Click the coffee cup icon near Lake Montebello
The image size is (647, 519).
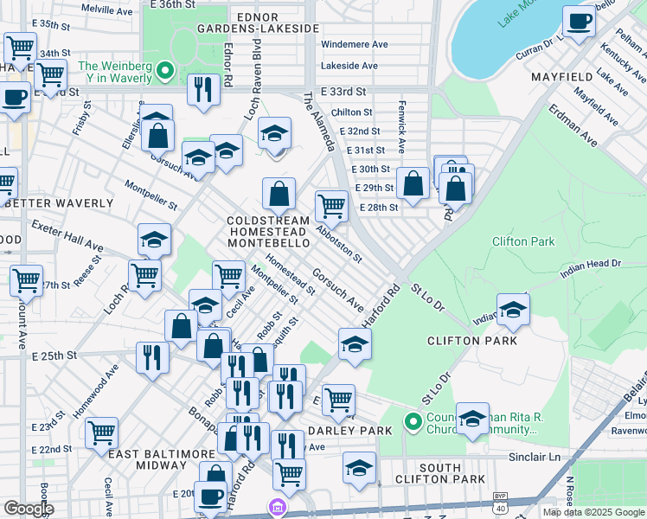tap(579, 22)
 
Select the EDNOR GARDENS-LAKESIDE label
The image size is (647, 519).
tap(260, 22)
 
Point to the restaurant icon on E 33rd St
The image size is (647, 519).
tap(203, 90)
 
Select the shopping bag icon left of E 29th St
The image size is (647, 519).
tap(413, 183)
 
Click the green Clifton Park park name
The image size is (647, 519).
tap(523, 241)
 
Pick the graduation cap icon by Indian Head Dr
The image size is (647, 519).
tap(513, 310)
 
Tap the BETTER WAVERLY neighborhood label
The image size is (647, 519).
tap(58, 203)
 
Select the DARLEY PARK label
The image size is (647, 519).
tap(344, 431)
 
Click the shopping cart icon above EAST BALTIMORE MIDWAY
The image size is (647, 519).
tap(102, 431)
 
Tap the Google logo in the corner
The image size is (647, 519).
tap(28, 508)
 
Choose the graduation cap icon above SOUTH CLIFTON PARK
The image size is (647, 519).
tap(359, 468)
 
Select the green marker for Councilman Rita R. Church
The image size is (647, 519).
tap(413, 423)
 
